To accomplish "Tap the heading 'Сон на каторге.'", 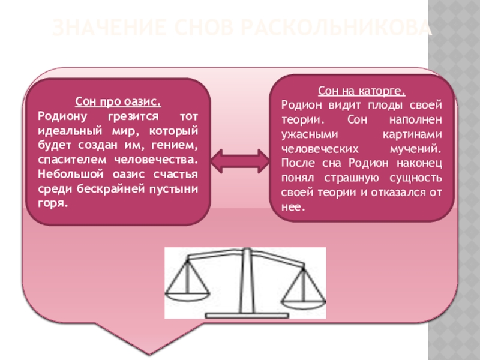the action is pos(362,92).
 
